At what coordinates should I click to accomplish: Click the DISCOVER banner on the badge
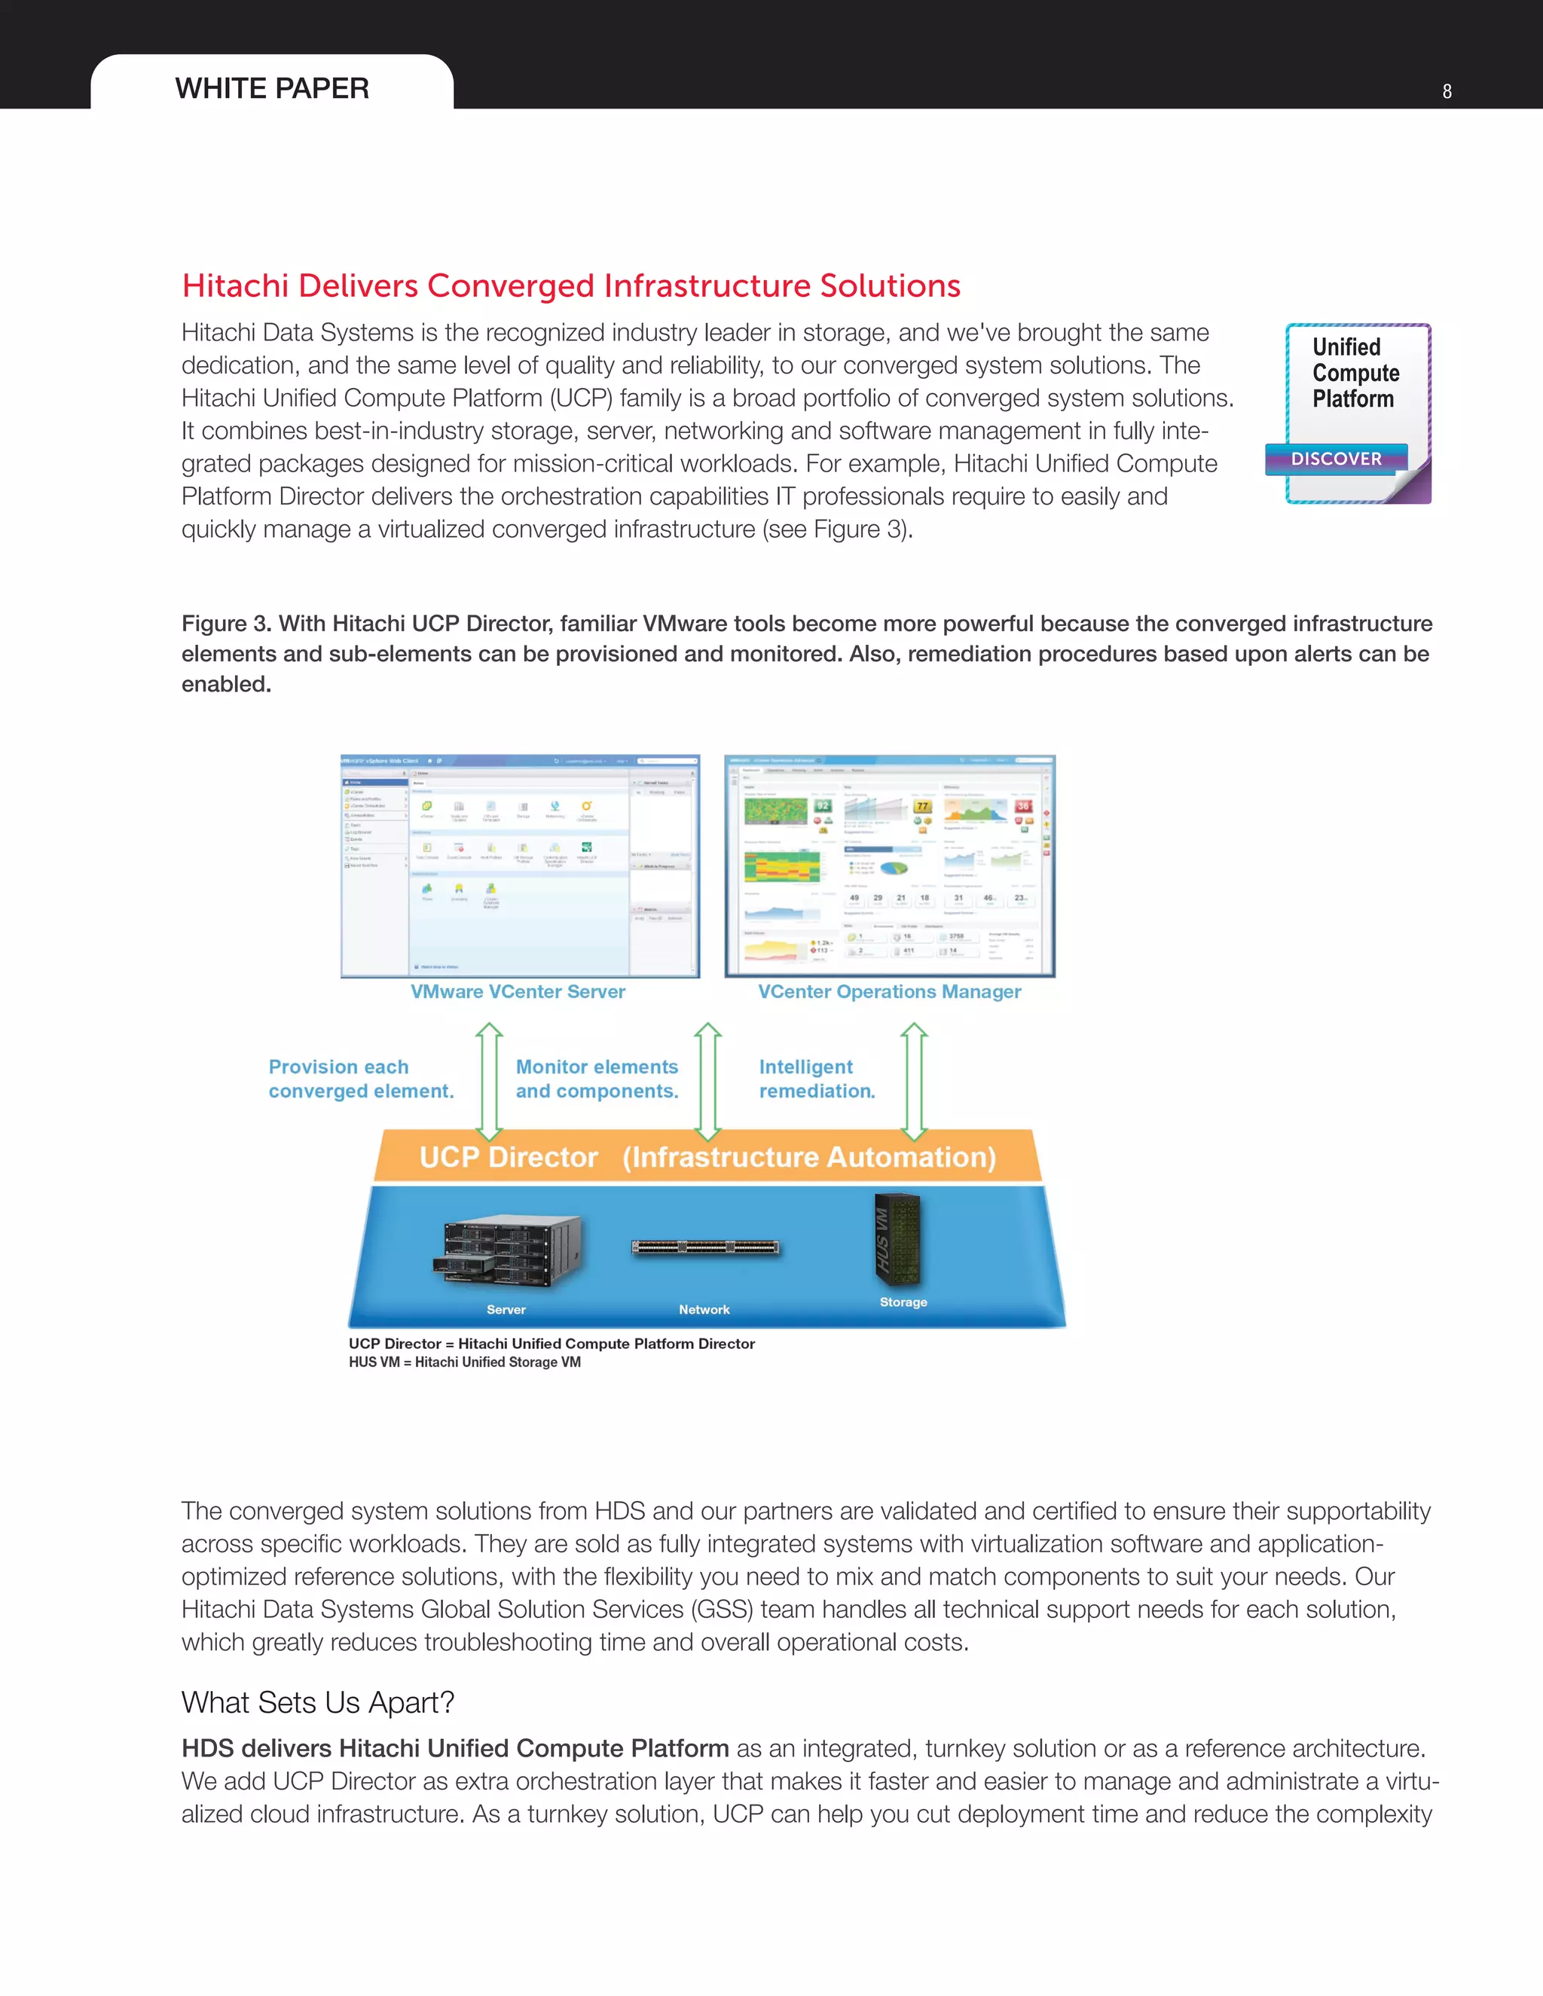pos(1336,459)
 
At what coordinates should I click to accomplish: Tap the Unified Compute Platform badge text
pos(1355,373)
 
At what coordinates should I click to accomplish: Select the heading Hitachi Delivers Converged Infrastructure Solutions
pos(570,286)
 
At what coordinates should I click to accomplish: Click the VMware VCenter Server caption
pos(518,992)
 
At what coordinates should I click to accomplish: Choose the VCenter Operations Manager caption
pos(888,992)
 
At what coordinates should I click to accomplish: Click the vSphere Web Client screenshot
pos(519,865)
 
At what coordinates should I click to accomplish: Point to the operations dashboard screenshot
pos(890,865)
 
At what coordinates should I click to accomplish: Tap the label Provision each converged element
pos(360,1079)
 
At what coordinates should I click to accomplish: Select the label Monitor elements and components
pos(597,1079)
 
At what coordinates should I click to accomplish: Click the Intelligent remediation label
pos(816,1079)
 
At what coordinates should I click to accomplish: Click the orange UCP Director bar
pos(707,1157)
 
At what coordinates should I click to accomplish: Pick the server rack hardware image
pos(506,1250)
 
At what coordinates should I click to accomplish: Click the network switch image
pos(704,1247)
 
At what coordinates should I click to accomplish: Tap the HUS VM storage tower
pos(897,1239)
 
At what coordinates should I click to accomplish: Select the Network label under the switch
pos(704,1310)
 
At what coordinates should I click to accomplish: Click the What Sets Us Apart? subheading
pos(317,1703)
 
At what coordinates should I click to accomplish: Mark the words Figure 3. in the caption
pos(226,624)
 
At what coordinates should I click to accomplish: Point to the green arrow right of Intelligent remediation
pos(914,1081)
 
